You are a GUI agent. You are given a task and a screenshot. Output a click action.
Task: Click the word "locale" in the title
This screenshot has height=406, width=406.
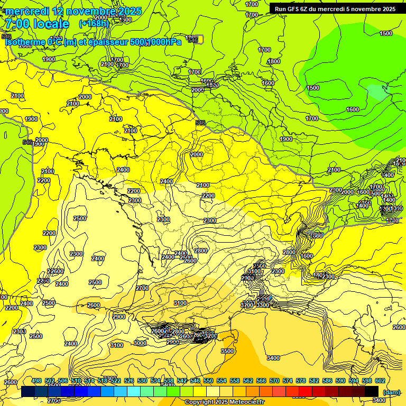coord(51,24)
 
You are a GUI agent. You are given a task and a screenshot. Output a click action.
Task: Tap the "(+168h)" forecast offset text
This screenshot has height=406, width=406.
coord(94,23)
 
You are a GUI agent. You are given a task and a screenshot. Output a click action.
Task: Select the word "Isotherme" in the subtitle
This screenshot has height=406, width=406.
coord(25,42)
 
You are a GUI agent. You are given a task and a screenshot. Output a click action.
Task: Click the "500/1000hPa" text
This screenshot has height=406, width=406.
coord(156,42)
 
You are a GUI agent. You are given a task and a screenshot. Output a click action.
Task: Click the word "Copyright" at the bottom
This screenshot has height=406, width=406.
coord(200,402)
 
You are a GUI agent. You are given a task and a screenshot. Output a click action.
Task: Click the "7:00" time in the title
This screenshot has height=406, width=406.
coord(15,24)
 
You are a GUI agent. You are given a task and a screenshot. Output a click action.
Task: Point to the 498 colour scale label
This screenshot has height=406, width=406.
coord(36,381)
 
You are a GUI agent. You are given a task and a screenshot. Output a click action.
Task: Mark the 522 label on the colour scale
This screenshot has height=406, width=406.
coord(116,381)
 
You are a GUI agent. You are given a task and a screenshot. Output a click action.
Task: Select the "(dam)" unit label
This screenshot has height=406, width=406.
coord(391,392)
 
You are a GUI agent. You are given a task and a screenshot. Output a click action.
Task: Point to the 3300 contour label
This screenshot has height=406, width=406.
coord(263,304)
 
